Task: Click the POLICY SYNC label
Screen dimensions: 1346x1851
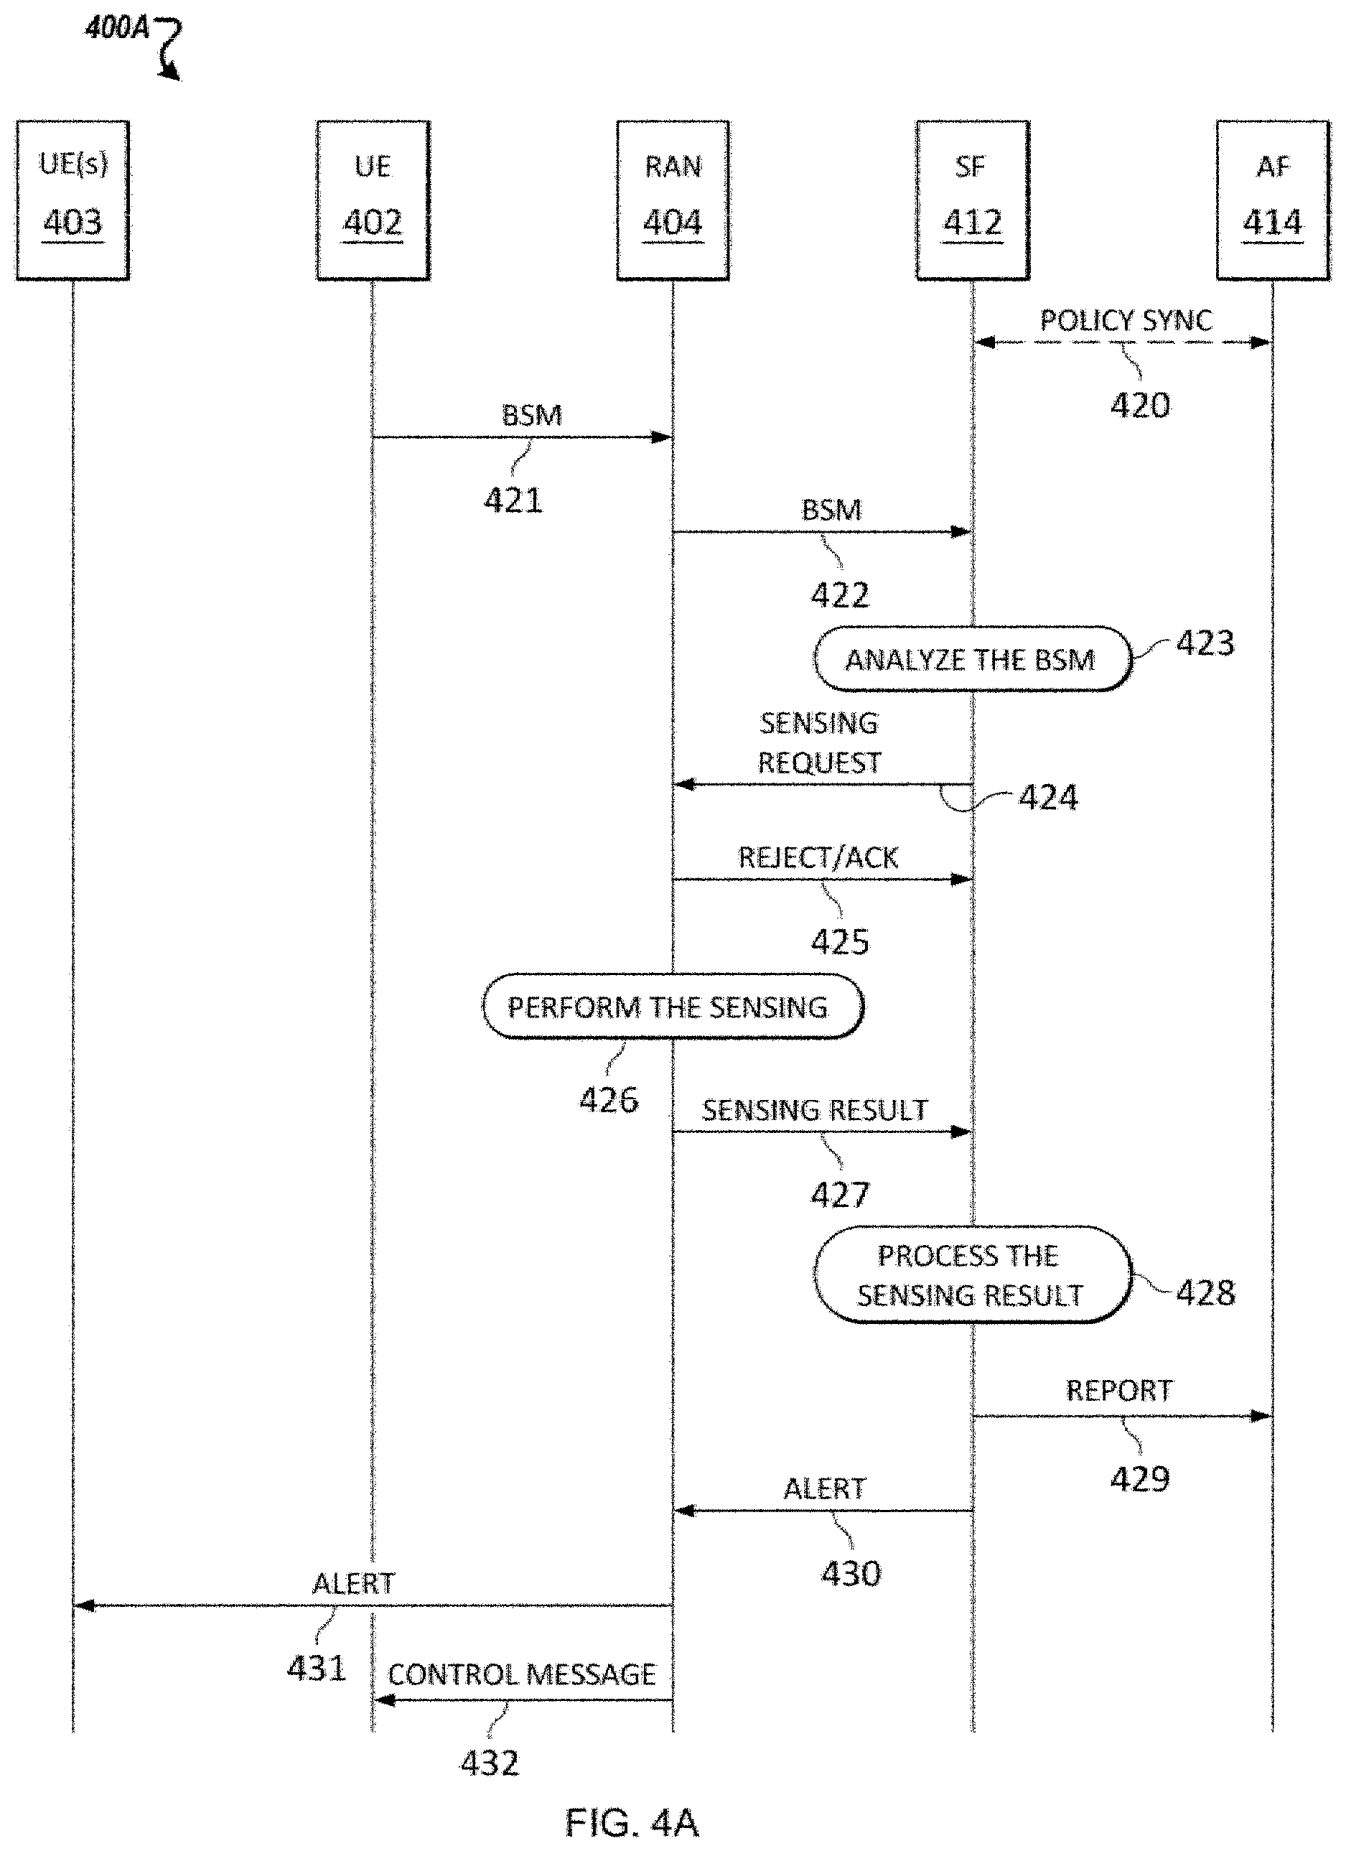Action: point(1126,320)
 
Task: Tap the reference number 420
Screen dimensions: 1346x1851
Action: point(1140,405)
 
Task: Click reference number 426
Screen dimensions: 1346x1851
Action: point(609,1099)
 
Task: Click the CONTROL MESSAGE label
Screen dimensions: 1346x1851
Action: point(521,1674)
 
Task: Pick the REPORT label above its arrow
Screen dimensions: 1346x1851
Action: point(1119,1390)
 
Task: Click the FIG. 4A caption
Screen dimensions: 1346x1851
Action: point(632,1822)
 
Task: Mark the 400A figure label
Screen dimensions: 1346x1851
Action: point(118,29)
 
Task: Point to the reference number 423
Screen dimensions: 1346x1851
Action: point(1205,643)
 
